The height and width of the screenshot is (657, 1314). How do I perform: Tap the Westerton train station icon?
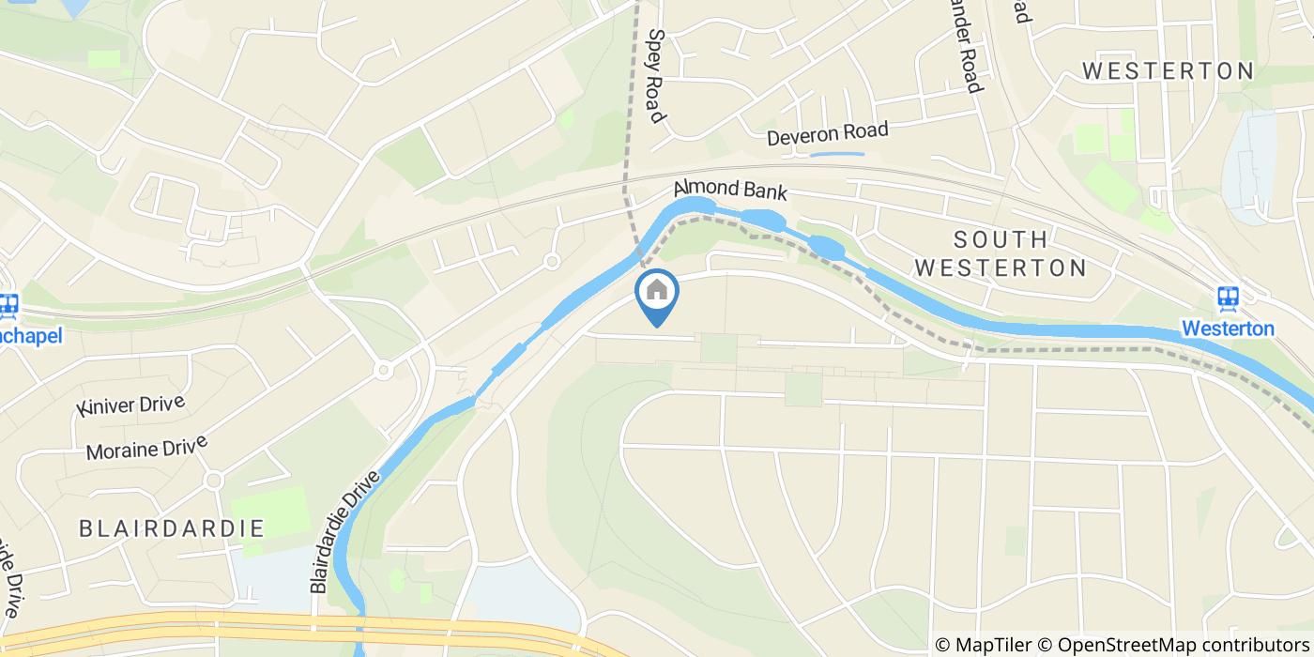[x=1228, y=298]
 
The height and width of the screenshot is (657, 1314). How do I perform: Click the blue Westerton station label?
[x=1228, y=328]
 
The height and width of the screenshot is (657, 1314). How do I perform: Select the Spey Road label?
[x=655, y=74]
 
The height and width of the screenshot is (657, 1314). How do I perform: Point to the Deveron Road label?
[x=827, y=133]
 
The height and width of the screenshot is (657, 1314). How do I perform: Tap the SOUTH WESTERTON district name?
[x=1000, y=253]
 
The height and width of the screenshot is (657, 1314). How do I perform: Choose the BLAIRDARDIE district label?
[x=172, y=527]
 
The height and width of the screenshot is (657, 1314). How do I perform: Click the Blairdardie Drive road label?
[x=344, y=531]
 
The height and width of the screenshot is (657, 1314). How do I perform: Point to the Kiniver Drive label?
[x=131, y=406]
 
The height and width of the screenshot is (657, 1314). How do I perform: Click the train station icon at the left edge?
[x=9, y=306]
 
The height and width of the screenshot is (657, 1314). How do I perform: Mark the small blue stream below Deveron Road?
[x=836, y=153]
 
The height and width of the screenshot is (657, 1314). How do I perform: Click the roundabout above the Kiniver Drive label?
[x=383, y=370]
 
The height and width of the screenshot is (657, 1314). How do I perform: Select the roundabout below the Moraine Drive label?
[x=213, y=481]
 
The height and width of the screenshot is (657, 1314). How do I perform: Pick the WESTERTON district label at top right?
[x=1168, y=71]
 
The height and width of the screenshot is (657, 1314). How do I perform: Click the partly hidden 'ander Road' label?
[x=967, y=46]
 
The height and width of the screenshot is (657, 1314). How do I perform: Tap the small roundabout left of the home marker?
[x=552, y=262]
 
